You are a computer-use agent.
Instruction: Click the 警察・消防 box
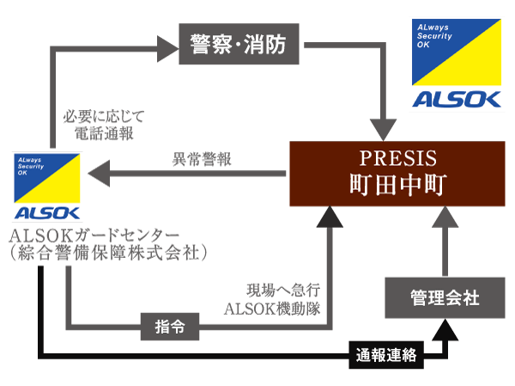coord(239,43)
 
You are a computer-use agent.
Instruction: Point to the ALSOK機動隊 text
coord(271,309)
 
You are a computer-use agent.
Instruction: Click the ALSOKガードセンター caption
coord(93,235)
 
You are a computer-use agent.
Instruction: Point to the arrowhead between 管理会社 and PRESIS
coord(445,220)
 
